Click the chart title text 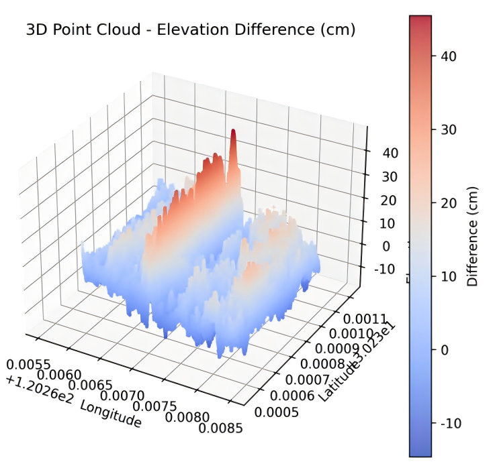[189, 30]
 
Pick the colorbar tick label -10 [449, 423]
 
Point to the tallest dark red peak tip [233, 131]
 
